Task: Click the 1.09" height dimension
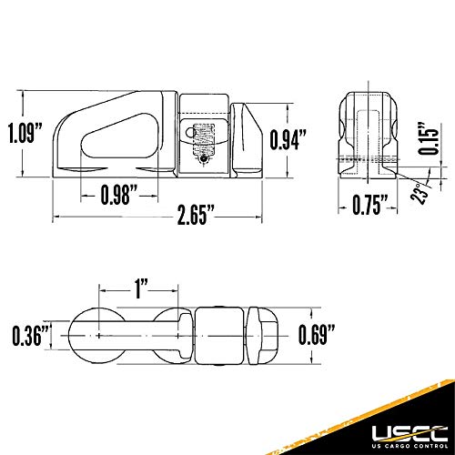tap(22, 135)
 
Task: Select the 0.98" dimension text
tap(119, 194)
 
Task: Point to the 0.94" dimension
tap(288, 138)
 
